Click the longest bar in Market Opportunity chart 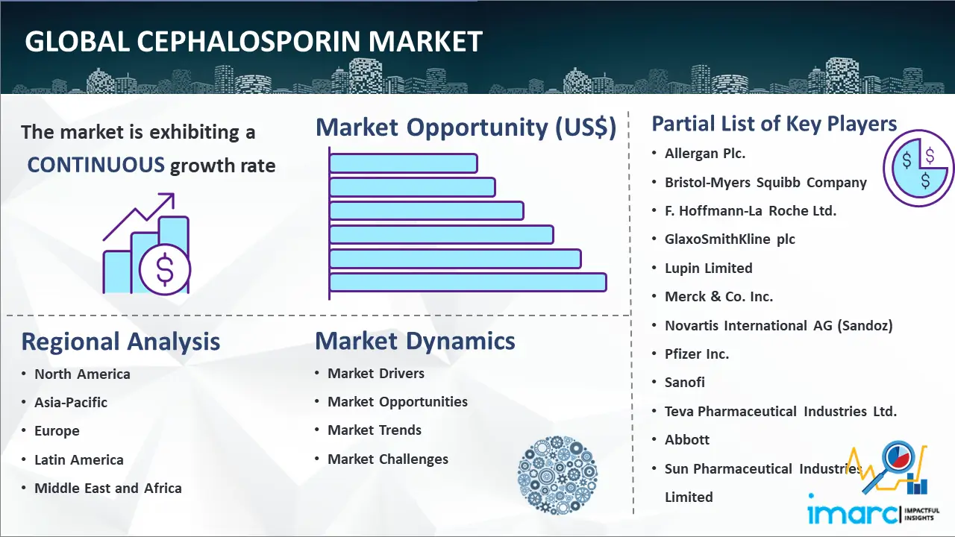click(x=468, y=283)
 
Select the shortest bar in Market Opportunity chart click(x=404, y=163)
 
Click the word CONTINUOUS click(x=95, y=165)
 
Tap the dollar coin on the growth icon click(x=165, y=269)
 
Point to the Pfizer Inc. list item click(x=697, y=354)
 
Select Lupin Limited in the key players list click(x=708, y=268)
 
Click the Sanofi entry click(x=684, y=383)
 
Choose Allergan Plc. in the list click(x=705, y=154)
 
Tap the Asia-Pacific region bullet click(x=71, y=402)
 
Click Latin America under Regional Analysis click(x=79, y=460)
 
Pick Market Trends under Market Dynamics click(x=375, y=430)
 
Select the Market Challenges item click(x=387, y=459)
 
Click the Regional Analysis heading click(x=121, y=342)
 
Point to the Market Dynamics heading click(x=415, y=341)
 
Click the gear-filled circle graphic click(x=557, y=475)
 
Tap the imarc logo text click(x=852, y=513)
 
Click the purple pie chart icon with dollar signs click(x=918, y=169)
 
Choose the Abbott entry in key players click(x=687, y=439)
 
